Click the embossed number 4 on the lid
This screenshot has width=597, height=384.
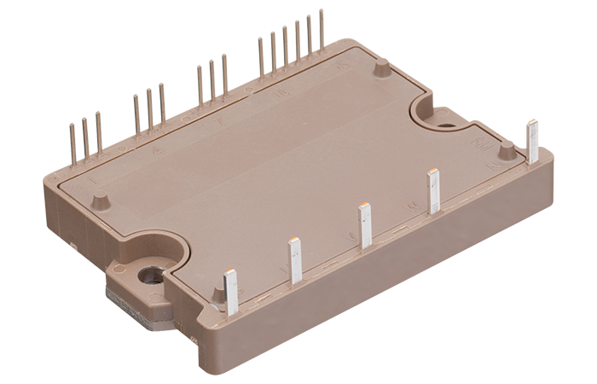(155, 151)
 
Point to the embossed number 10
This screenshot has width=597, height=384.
(281, 95)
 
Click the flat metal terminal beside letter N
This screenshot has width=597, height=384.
(533, 142)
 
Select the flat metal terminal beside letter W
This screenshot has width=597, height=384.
(433, 191)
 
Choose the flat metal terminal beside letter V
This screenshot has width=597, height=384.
(365, 225)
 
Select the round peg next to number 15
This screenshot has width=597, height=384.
(381, 64)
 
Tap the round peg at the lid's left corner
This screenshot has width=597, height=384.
(100, 201)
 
